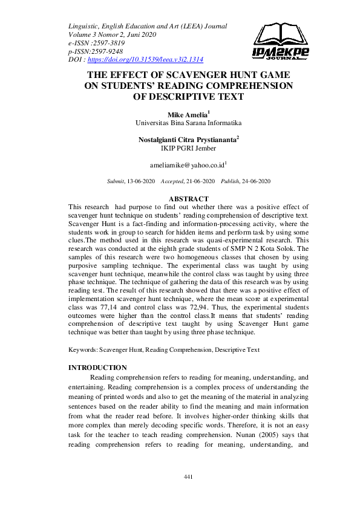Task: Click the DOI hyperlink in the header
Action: click(145, 60)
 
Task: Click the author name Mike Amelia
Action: click(186, 114)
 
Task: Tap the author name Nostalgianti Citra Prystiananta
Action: click(188, 139)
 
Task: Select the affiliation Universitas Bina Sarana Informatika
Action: click(188, 122)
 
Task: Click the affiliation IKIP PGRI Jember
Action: click(188, 148)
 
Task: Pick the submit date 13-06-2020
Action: click(140, 181)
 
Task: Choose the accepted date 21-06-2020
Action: click(198, 181)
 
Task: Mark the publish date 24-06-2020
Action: click(254, 181)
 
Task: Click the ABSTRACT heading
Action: click(188, 199)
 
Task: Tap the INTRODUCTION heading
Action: click(97, 368)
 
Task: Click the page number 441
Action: click(188, 478)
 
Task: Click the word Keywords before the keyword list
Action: click(82, 350)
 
